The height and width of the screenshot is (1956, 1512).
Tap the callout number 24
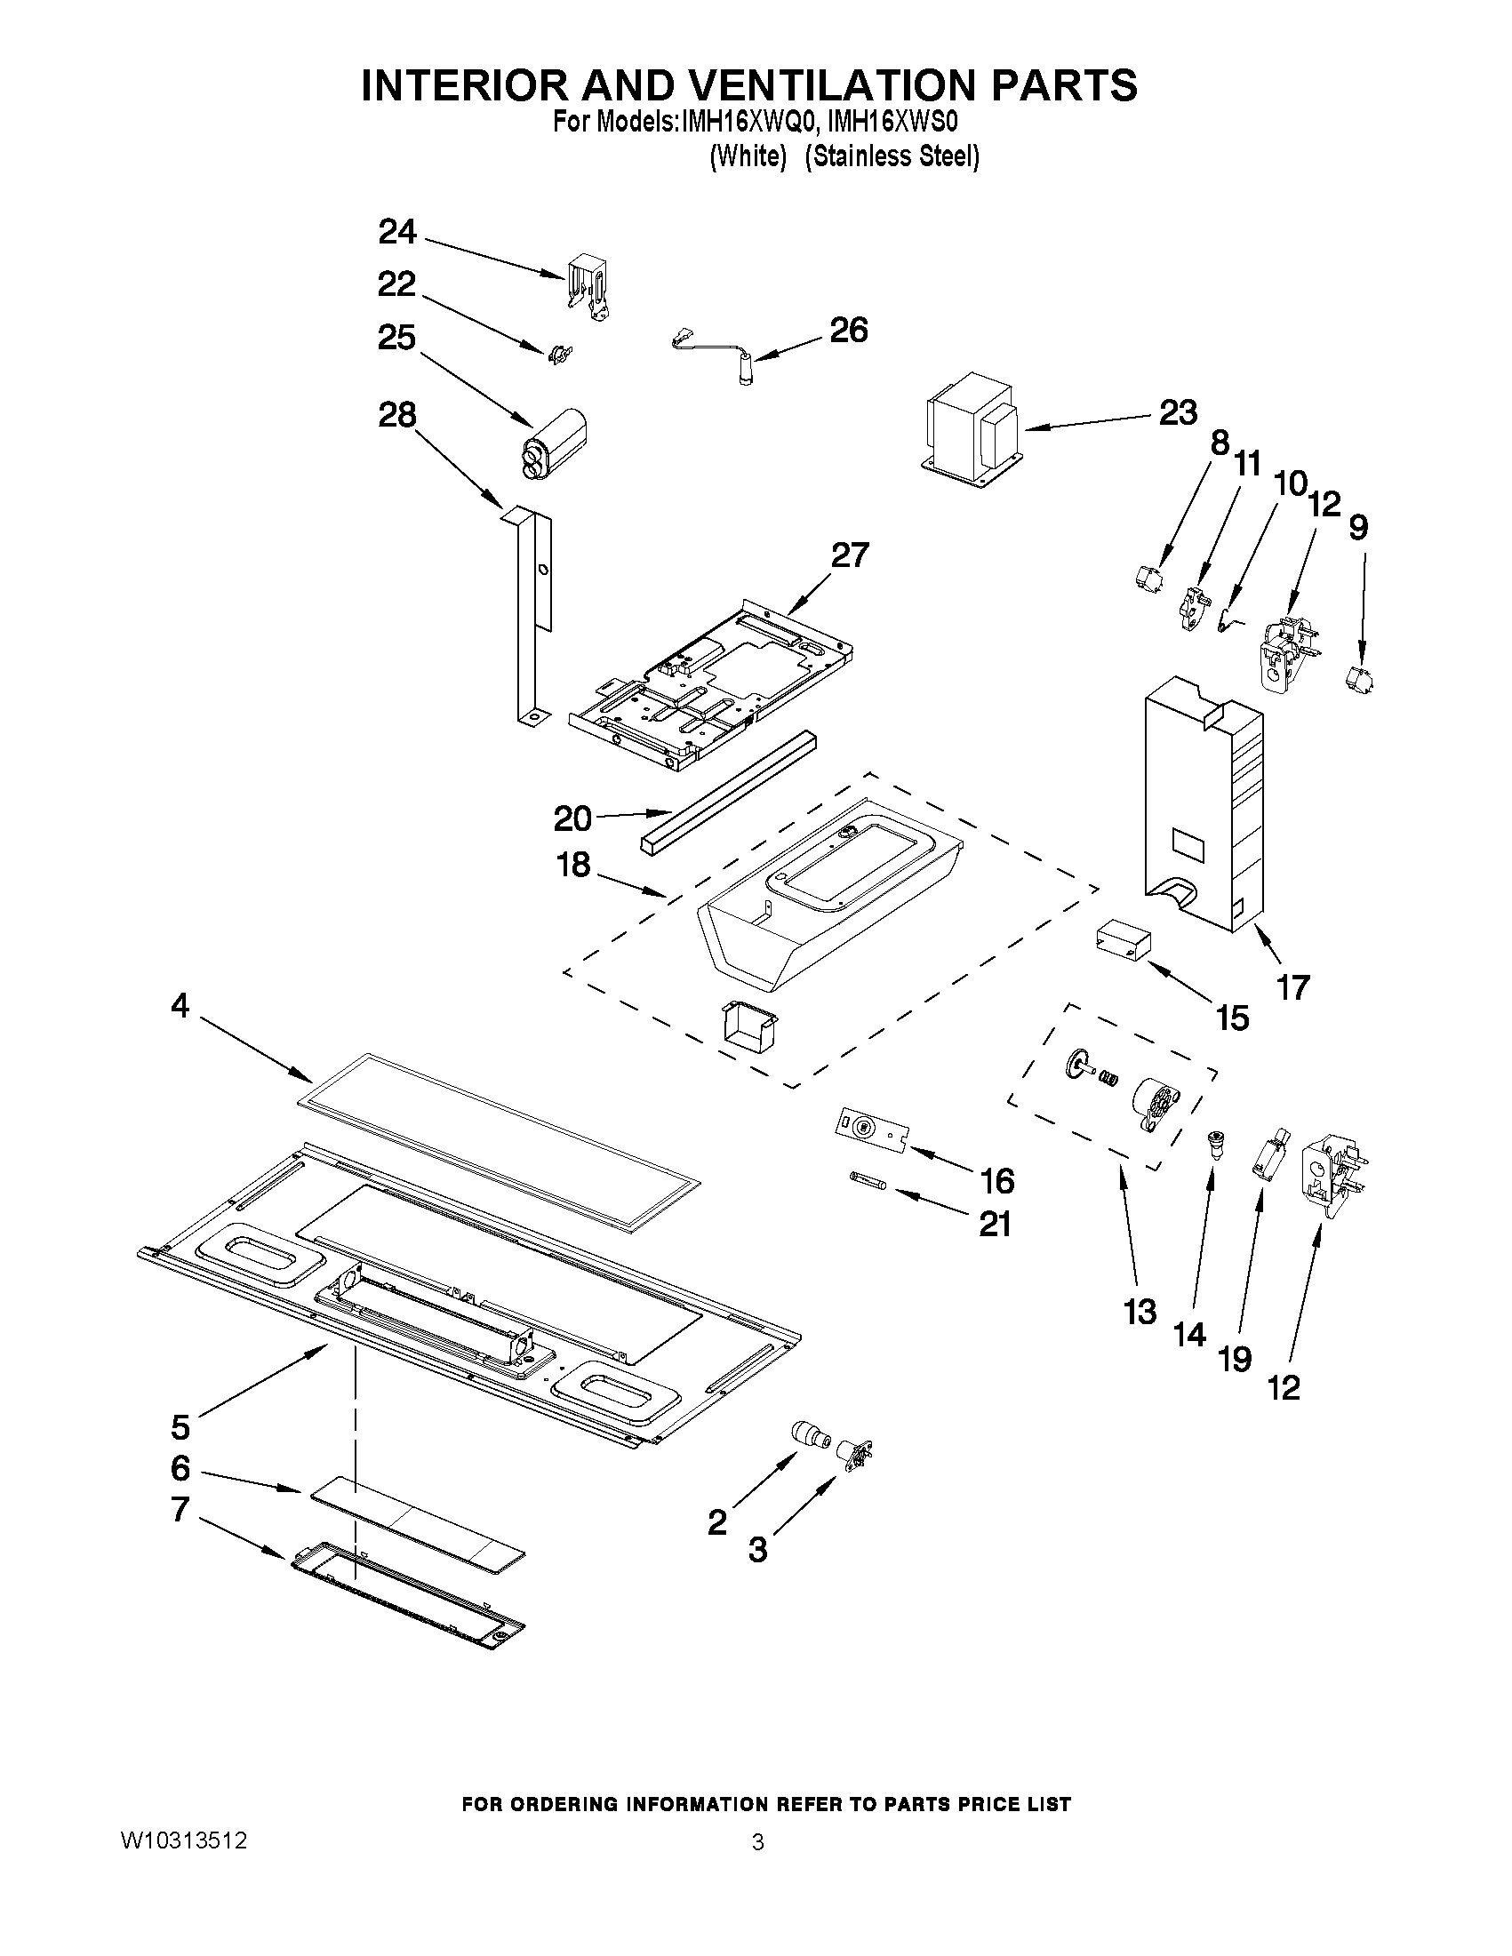pos(397,232)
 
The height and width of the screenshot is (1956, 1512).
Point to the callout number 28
pos(397,415)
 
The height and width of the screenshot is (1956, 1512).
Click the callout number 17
pos(1292,988)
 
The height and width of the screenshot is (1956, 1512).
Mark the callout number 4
pos(180,1006)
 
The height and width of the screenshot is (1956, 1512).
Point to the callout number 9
pos(1358,529)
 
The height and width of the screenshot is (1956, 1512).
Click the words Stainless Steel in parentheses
pos(892,156)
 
